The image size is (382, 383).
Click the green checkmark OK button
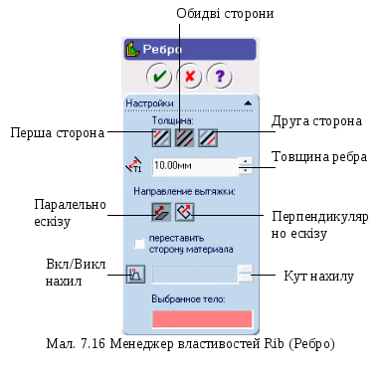159,77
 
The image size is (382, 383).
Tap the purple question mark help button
219,77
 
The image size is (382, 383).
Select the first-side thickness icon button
161,137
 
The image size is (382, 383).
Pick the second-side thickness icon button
208,137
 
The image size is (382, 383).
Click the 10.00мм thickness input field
195,166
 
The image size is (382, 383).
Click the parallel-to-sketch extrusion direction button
161,212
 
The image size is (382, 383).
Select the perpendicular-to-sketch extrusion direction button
185,212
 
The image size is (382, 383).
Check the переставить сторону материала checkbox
139,244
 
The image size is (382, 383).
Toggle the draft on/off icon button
135,274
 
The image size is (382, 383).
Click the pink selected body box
202,319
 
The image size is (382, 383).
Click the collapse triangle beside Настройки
248,103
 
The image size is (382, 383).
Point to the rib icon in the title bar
132,50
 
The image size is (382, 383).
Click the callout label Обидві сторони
225,14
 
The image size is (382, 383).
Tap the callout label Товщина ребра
319,157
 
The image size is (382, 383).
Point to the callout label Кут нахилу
318,277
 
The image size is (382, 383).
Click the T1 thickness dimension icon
133,165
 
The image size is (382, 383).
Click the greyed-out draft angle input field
195,274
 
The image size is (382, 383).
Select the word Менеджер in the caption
141,344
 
